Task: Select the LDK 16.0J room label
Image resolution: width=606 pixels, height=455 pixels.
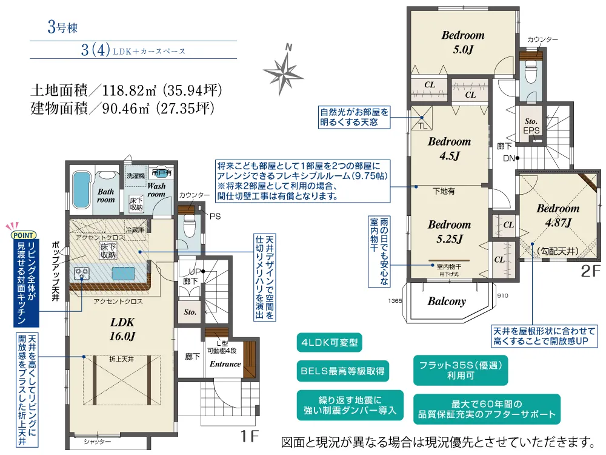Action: pos(122,328)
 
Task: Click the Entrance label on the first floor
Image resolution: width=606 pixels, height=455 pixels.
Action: pos(225,364)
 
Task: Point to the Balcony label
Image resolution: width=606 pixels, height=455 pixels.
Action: pos(447,302)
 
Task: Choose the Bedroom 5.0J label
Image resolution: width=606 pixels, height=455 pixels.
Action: pos(462,42)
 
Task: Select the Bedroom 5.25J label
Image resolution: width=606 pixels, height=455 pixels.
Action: pos(449,232)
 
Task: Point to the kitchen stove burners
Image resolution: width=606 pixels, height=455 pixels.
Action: pos(80,275)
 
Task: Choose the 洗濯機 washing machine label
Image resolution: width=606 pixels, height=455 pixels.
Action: pos(136,176)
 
